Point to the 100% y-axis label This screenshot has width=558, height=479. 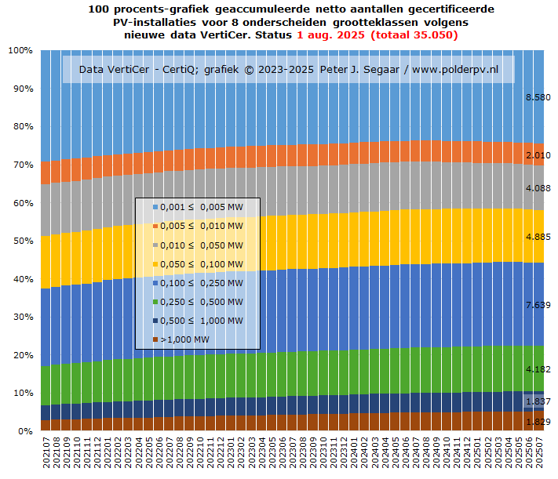pos(20,50)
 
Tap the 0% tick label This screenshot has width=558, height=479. pos(24,431)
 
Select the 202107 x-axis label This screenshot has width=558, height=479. pos(46,454)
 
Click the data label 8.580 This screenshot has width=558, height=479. pos(538,97)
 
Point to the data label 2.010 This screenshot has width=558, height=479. pos(538,155)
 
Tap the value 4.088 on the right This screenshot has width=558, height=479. pos(538,188)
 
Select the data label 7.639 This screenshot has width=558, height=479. pos(538,305)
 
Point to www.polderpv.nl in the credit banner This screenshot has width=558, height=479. pos(455,70)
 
